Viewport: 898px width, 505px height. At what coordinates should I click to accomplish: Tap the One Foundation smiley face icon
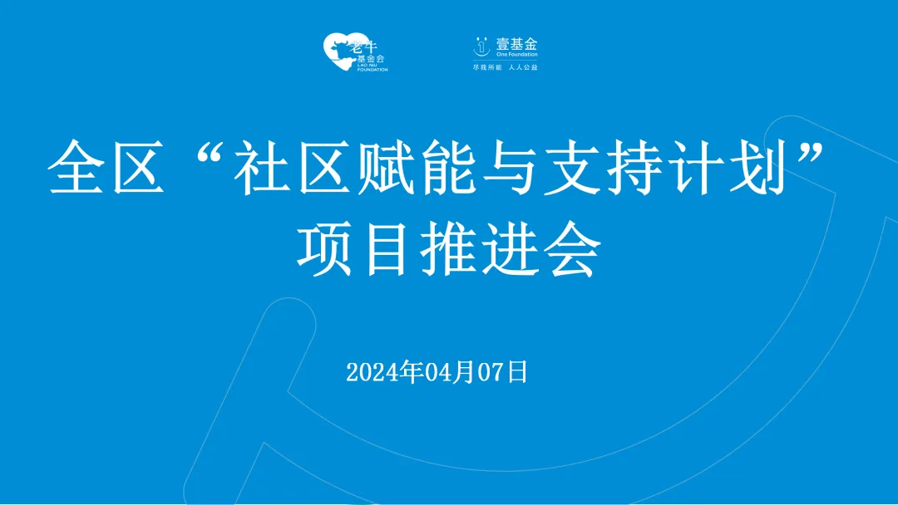[x=480, y=47]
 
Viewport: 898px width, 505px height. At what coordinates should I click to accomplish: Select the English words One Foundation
[x=517, y=56]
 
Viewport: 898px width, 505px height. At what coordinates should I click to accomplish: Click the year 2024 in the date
[x=372, y=372]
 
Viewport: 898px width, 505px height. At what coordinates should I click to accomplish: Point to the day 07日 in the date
[x=503, y=372]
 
